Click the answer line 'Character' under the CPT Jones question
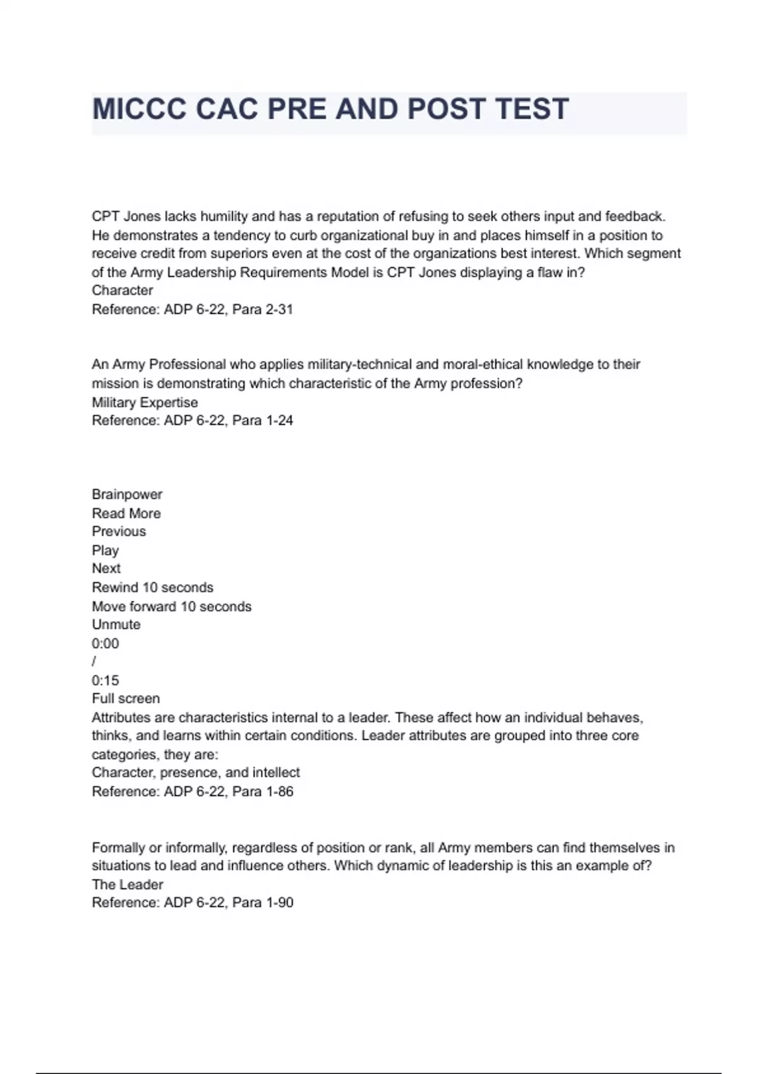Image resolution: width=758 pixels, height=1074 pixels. pyautogui.click(x=123, y=291)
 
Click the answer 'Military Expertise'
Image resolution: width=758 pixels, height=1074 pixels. pyautogui.click(x=145, y=402)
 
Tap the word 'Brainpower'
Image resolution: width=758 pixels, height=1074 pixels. pyautogui.click(x=127, y=495)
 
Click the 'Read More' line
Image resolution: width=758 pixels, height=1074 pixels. pyautogui.click(x=126, y=514)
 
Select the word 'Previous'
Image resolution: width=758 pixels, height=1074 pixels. pyautogui.click(x=119, y=531)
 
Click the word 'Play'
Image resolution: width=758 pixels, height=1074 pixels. pyautogui.click(x=105, y=550)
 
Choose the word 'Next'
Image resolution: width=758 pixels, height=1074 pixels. pyautogui.click(x=106, y=569)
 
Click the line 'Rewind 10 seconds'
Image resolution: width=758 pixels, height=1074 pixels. pyautogui.click(x=153, y=588)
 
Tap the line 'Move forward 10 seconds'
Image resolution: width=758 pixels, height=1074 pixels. pyautogui.click(x=172, y=606)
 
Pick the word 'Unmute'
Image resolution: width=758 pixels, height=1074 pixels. pyautogui.click(x=116, y=625)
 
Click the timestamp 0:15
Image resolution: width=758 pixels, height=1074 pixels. pyautogui.click(x=105, y=680)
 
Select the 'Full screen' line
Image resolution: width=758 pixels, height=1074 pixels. pyautogui.click(x=126, y=699)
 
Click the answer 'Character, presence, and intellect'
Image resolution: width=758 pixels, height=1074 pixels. pyautogui.click(x=196, y=773)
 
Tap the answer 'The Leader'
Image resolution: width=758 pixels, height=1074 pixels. pyautogui.click(x=128, y=884)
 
